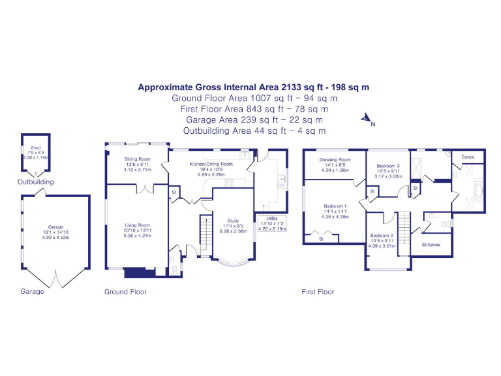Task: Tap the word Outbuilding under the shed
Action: [x=36, y=182]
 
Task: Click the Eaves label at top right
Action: [x=468, y=157]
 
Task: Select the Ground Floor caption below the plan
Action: [x=125, y=292]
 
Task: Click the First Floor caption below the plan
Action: [x=318, y=292]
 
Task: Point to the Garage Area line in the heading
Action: [x=254, y=120]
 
